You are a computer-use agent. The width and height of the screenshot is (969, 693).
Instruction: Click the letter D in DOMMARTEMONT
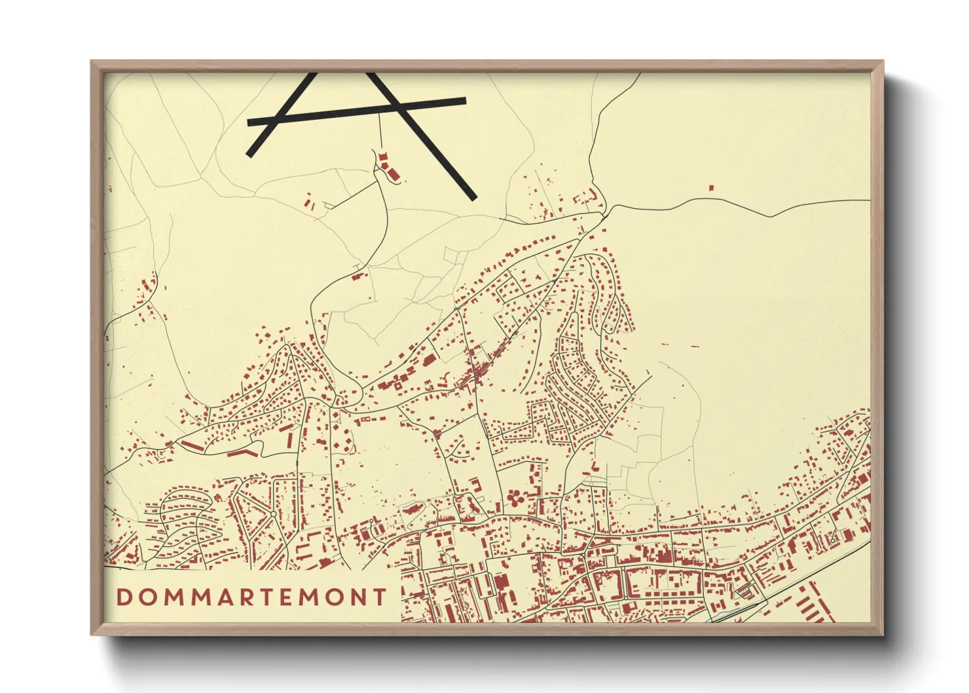click(124, 597)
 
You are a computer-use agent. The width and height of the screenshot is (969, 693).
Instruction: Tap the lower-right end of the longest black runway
click(472, 197)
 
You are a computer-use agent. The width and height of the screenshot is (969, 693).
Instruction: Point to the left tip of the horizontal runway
click(249, 122)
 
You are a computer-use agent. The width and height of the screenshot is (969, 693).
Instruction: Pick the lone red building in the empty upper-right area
click(711, 188)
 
